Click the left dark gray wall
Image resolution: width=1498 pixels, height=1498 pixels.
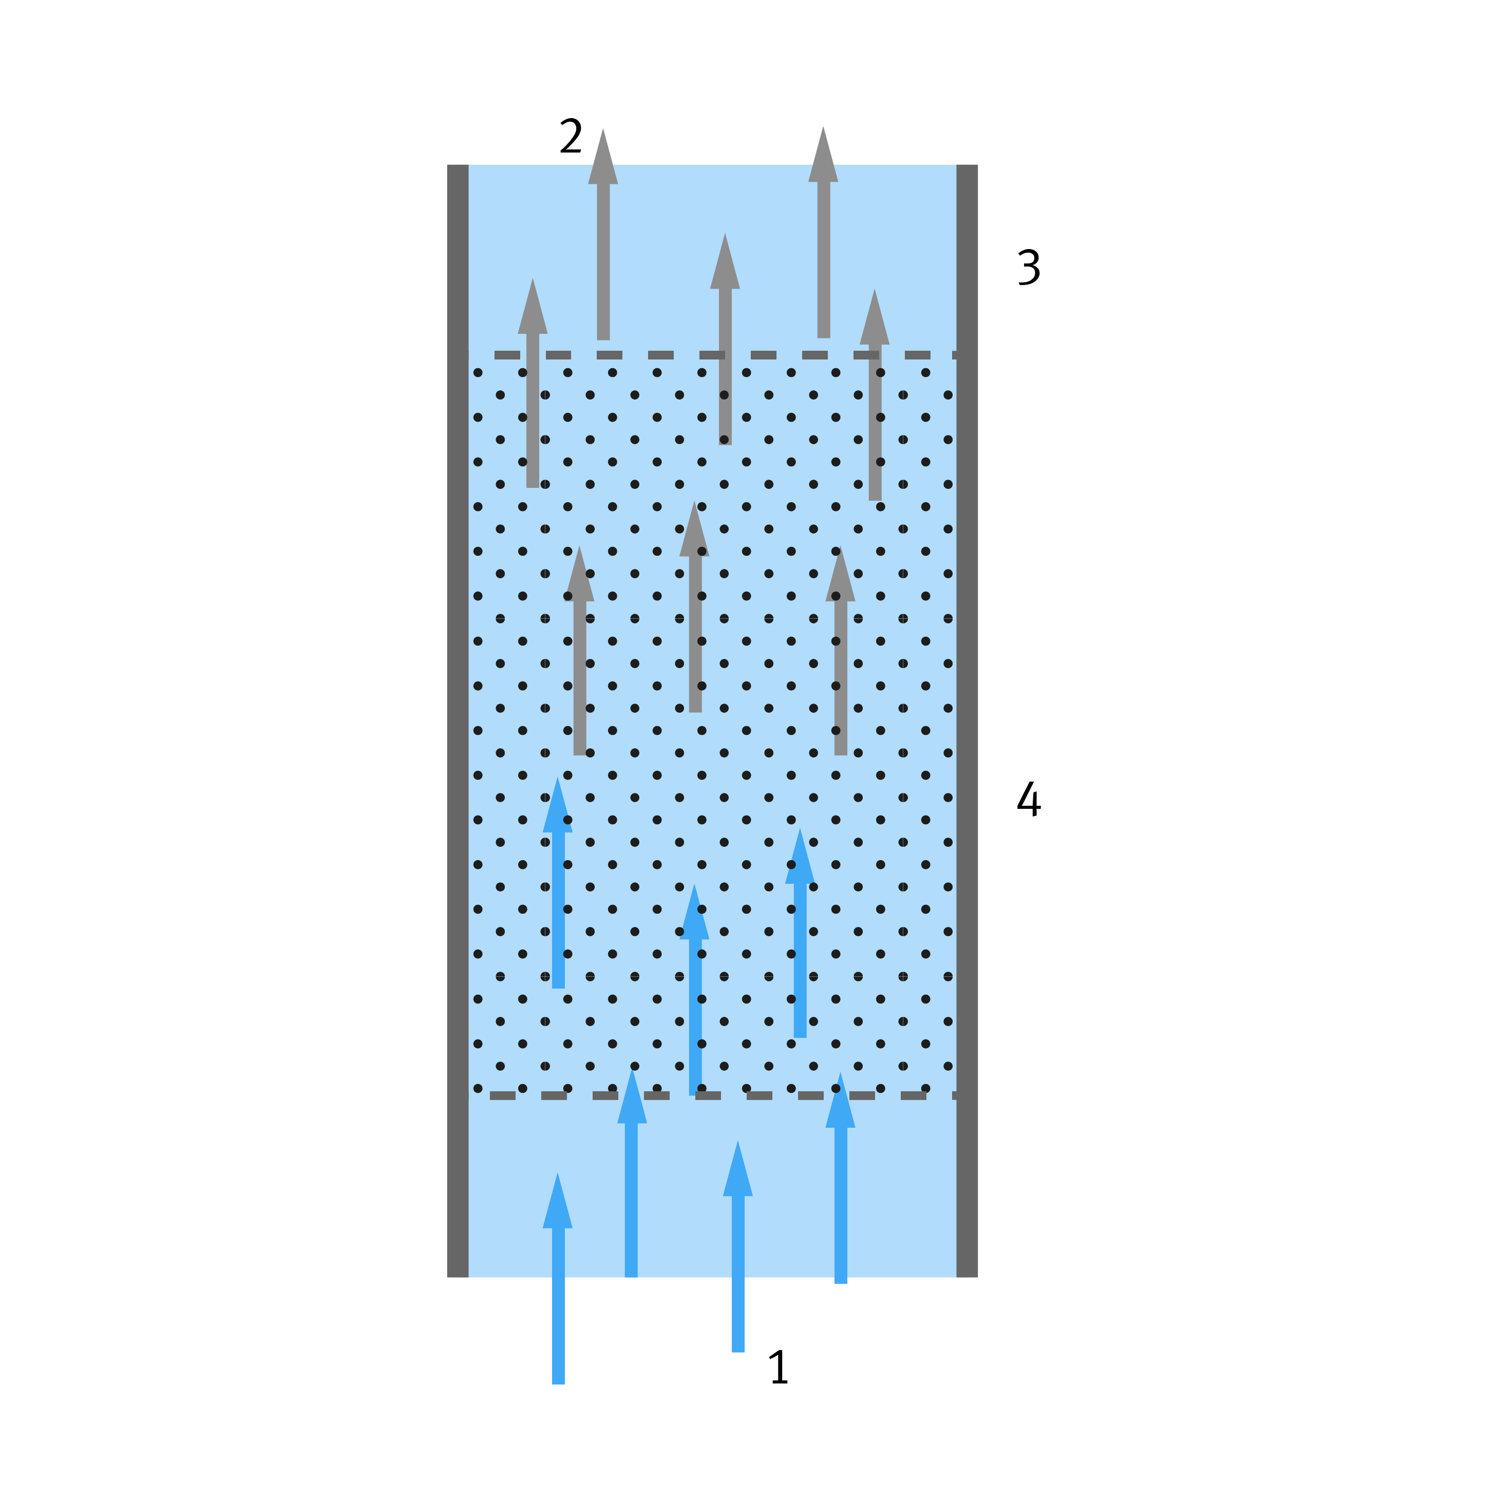458,721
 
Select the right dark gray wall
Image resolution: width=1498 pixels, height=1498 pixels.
967,721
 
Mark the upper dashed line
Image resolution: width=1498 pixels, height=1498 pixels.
726,355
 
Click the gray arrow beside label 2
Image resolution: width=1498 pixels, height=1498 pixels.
603,234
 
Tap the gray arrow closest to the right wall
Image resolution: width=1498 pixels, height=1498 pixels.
875,395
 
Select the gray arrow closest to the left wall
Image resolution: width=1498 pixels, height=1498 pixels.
533,383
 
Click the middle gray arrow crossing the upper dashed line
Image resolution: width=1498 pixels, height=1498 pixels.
725,339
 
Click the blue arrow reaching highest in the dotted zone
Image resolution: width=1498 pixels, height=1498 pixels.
558,882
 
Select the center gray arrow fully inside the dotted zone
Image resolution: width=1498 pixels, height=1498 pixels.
695,606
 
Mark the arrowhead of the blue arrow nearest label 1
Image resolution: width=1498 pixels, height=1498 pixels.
738,1168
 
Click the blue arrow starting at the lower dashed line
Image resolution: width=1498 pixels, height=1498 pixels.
695,990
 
